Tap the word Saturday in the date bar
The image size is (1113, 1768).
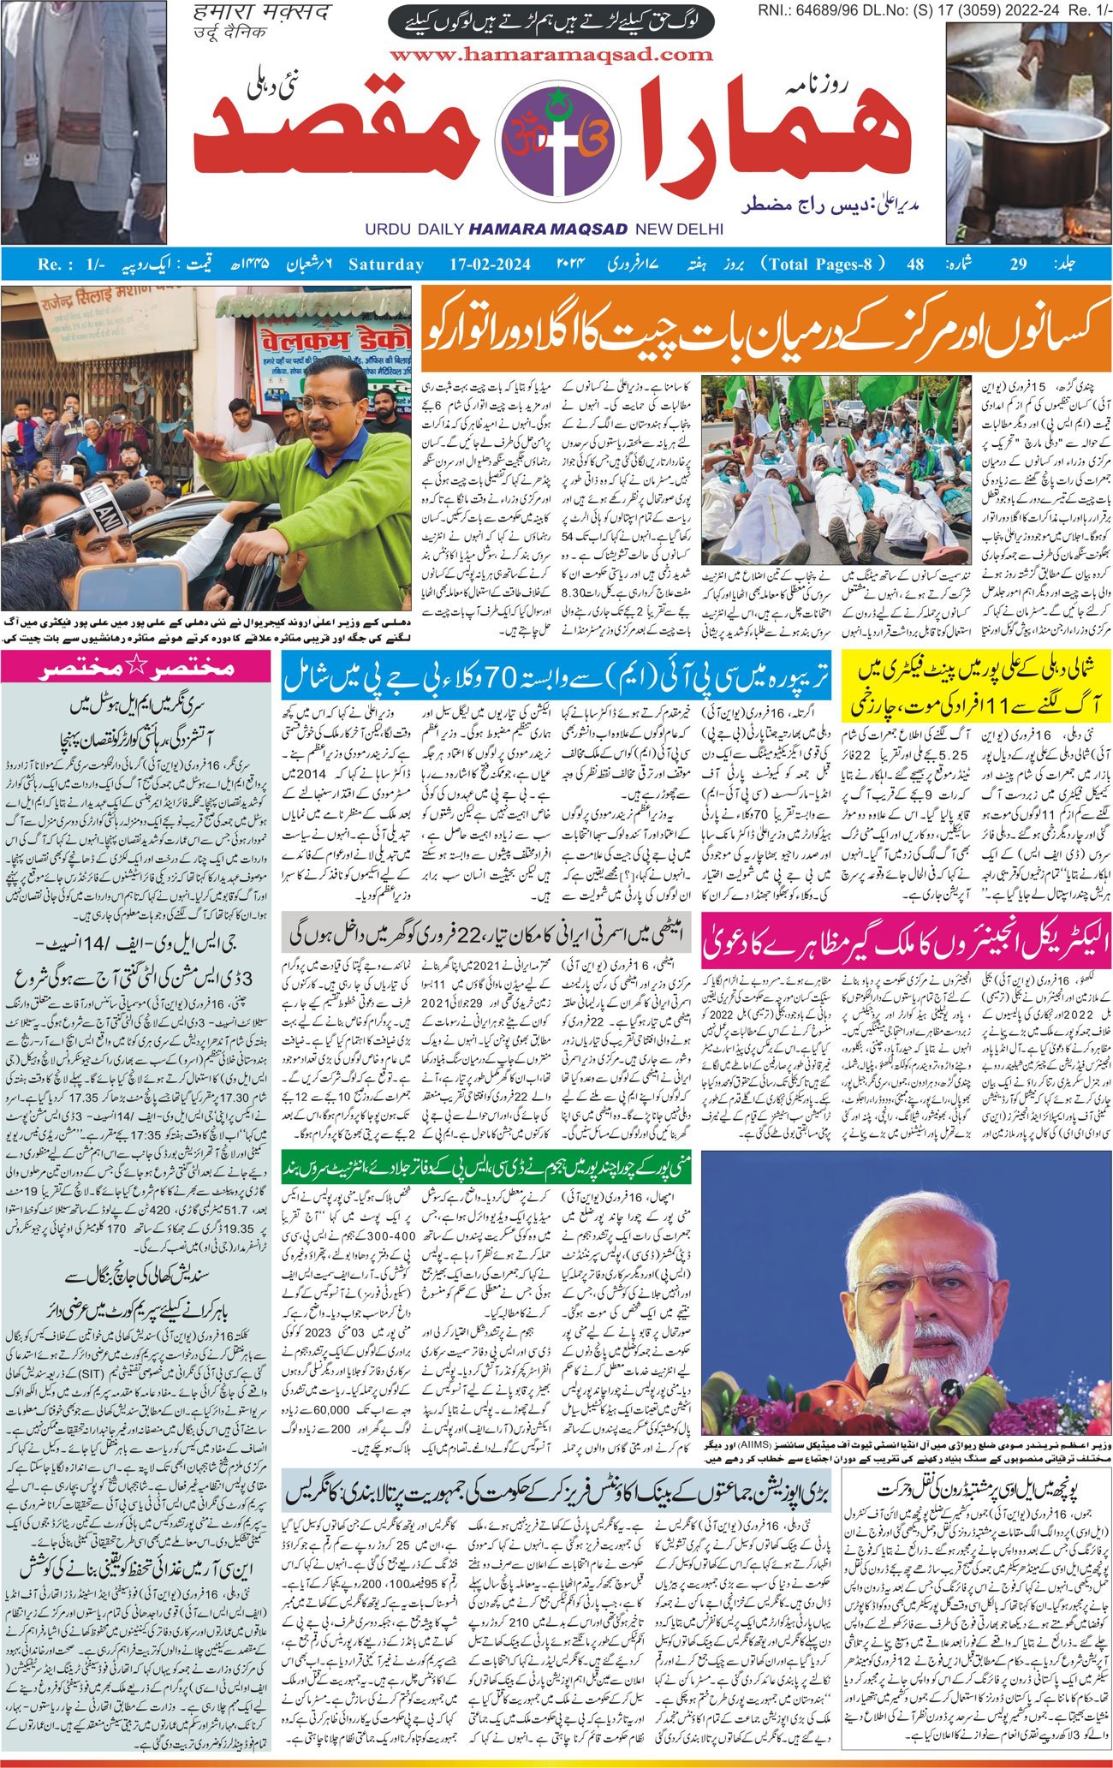coord(385,264)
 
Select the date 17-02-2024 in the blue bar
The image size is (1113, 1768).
coord(486,264)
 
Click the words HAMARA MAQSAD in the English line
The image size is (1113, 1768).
coord(548,229)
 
